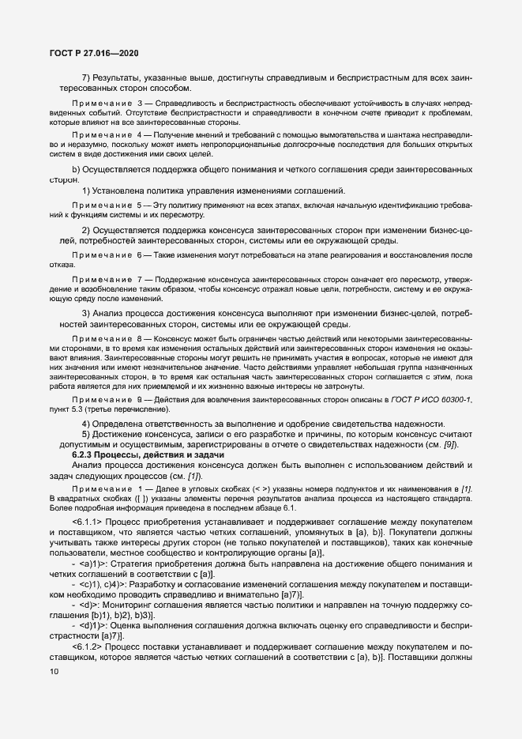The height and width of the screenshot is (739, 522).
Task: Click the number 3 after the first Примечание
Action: click(139, 104)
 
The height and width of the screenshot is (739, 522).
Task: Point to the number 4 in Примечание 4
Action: click(139, 135)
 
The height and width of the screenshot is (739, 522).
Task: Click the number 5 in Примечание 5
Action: click(139, 205)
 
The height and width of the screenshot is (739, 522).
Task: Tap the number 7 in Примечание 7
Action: click(139, 281)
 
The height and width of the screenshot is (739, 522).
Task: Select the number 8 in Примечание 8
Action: click(139, 339)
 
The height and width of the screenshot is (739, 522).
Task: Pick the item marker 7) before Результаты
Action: click(87, 77)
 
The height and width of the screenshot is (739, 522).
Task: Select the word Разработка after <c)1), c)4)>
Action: click(162, 585)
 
